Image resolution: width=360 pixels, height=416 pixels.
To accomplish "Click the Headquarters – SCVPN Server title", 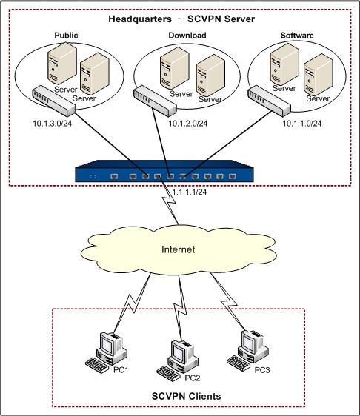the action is tap(181, 19).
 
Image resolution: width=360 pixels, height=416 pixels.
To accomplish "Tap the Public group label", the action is tap(66, 36).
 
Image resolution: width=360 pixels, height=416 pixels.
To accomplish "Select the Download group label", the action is tap(187, 36).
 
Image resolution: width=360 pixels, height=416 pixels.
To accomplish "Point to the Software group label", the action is tap(297, 36).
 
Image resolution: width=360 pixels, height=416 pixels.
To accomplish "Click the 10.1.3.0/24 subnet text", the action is tap(53, 124).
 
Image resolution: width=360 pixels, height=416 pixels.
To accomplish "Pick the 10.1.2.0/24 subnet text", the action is tap(188, 124).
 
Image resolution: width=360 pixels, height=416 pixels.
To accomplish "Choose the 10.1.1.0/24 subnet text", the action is tap(302, 124).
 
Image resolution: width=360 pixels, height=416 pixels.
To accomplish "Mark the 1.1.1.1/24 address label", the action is tap(190, 192).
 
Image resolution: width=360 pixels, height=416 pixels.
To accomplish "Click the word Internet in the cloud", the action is tap(178, 249).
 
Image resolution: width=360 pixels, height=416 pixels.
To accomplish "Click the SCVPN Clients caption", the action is tap(187, 396).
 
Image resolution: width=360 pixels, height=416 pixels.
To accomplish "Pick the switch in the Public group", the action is tap(54, 101).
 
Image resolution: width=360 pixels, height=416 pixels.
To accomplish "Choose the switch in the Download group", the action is tap(155, 101).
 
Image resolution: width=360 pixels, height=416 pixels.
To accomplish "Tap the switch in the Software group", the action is tap(270, 101).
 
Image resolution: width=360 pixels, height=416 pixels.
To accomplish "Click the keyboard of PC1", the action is tap(97, 366).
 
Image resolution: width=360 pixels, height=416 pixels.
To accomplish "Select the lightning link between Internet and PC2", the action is tap(181, 309).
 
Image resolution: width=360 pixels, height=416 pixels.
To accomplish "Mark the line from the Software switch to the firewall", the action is tap(229, 144).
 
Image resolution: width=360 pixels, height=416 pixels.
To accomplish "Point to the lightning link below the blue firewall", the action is tap(169, 201).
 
